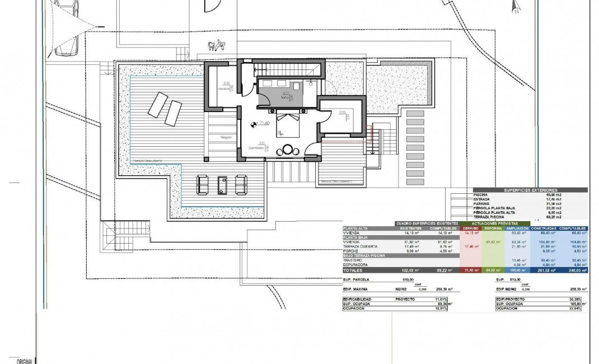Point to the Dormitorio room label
257,148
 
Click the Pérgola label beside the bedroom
226,136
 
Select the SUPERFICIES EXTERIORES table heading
531,190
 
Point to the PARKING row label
483,203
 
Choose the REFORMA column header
493,228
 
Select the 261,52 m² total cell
543,270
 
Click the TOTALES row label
357,270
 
